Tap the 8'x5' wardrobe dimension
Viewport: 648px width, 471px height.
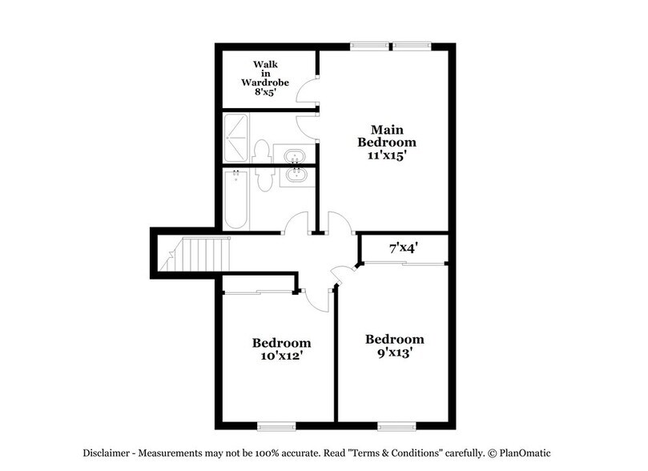[267, 92]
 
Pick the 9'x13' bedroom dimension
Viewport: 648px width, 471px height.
[394, 351]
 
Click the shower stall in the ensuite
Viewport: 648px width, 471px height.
[236, 138]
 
